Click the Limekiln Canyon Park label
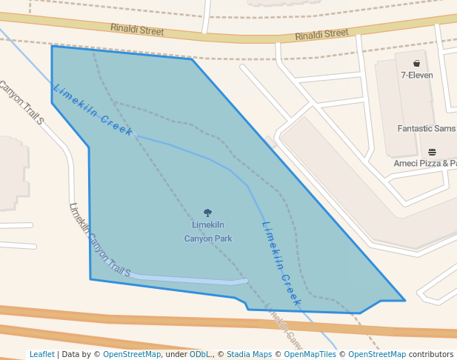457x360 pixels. [x=208, y=232]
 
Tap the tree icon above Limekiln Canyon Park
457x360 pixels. [x=207, y=213]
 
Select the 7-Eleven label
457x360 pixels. [x=417, y=75]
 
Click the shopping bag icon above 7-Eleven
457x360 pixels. [x=417, y=63]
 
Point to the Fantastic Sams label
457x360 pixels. [x=427, y=128]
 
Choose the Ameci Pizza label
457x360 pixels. [x=425, y=163]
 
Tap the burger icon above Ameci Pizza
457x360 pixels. [x=432, y=152]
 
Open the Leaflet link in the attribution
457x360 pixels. [x=42, y=354]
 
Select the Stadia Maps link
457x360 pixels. [x=249, y=354]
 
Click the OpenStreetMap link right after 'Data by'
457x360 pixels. [x=132, y=354]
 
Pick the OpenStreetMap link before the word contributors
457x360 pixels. [x=377, y=354]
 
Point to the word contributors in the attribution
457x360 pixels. [x=431, y=354]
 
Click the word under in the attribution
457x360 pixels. [x=176, y=354]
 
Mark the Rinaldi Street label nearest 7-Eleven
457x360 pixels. [x=321, y=34]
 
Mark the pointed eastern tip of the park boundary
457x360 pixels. [x=404, y=300]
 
